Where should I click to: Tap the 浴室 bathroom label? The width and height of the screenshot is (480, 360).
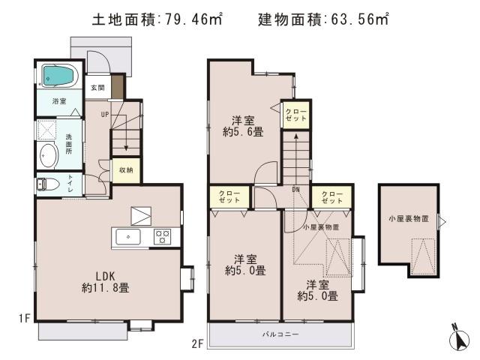(58, 100)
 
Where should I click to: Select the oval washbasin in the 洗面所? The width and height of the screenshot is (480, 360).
(48, 155)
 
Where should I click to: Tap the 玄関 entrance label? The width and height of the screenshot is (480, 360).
(97, 88)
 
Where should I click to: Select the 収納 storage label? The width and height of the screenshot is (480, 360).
(126, 170)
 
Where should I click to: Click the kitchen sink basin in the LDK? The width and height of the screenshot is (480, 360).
(129, 237)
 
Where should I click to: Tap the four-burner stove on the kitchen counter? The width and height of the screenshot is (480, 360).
(162, 237)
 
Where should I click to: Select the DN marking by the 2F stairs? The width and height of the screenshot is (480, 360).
(296, 189)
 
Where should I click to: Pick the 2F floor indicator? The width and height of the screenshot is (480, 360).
(197, 344)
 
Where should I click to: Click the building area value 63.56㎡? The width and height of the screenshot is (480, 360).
(359, 19)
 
